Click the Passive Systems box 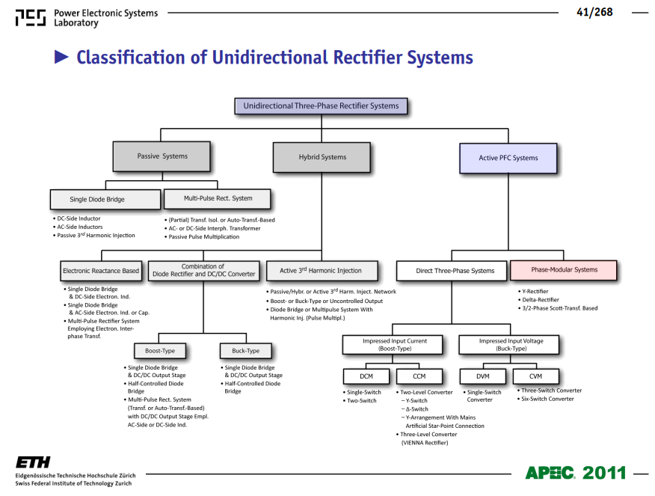162,156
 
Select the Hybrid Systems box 322,157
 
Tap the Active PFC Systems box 508,158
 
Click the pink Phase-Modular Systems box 564,270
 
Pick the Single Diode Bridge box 105,199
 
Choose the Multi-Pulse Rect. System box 218,198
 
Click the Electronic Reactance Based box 101,271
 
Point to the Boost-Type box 160,351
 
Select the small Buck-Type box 245,351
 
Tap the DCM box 366,376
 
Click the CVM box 535,376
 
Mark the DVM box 483,376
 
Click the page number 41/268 594,12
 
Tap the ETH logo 33,462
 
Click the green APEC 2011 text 576,473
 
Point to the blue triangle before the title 61,57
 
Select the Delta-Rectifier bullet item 538,299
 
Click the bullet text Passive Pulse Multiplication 202,236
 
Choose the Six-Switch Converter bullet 546,399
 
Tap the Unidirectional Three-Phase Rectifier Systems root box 321,106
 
